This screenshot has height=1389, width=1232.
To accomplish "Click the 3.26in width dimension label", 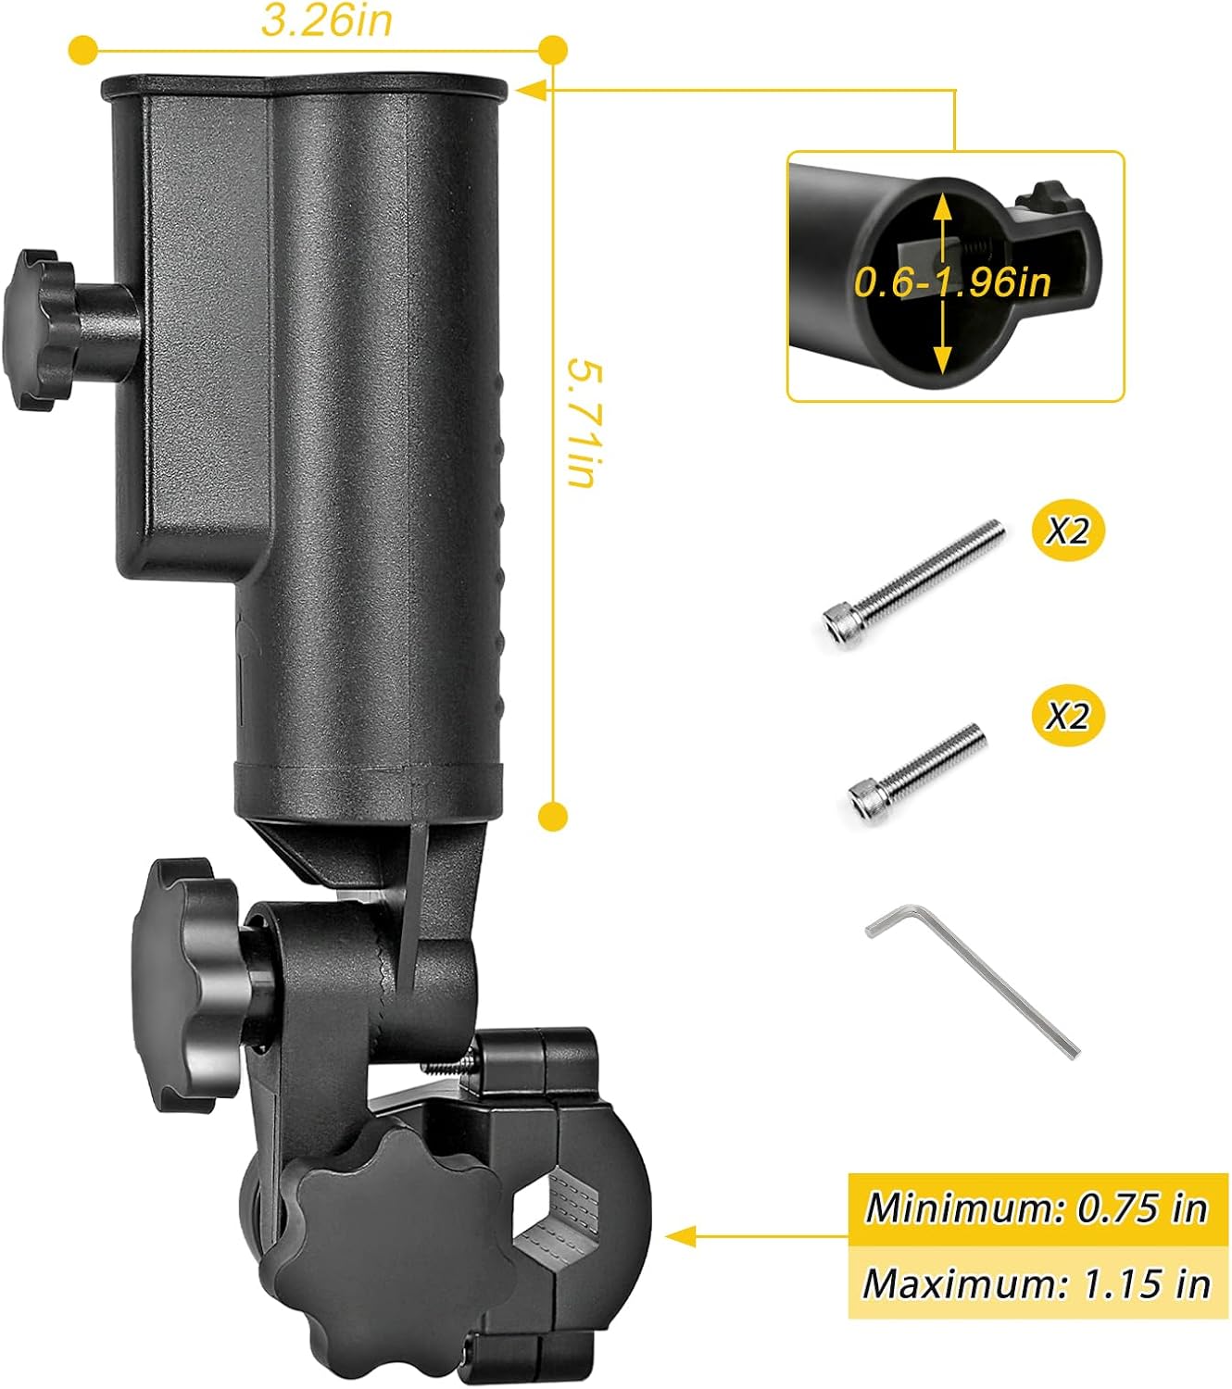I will click(326, 20).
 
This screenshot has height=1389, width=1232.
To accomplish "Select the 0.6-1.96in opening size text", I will click(952, 282).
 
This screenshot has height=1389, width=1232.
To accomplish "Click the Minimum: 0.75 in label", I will click(1037, 1208).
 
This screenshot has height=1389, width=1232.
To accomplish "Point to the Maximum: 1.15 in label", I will click(1037, 1283).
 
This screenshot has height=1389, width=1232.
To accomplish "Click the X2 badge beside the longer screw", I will click(1068, 531).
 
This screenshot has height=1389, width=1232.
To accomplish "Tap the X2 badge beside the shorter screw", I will click(1068, 716).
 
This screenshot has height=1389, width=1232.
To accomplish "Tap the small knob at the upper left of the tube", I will click(42, 328).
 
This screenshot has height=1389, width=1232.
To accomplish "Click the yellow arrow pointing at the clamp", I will click(681, 1235).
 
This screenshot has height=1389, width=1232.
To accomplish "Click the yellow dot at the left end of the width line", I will click(83, 49).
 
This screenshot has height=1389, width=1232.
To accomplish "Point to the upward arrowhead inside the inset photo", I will click(942, 206).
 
